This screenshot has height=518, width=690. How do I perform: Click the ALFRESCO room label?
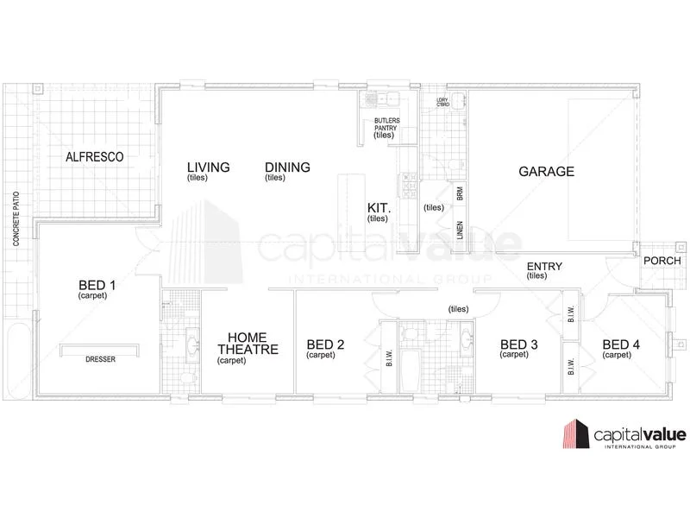click(x=95, y=157)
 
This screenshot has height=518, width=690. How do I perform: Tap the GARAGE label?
click(x=546, y=171)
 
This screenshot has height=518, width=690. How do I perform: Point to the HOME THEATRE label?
click(x=248, y=344)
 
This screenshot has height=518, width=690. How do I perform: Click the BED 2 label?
click(x=325, y=345)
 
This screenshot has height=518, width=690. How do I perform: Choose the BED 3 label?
click(x=519, y=345)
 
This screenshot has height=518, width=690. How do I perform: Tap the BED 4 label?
click(x=621, y=345)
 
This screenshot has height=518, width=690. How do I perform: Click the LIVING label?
click(x=209, y=167)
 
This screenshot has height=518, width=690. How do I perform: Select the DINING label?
click(x=287, y=167)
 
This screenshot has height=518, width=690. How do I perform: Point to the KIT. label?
click(x=379, y=209)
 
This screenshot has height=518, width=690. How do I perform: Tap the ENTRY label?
click(x=543, y=266)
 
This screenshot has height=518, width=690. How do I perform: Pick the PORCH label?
click(x=662, y=260)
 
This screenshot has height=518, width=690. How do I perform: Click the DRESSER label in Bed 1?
click(x=100, y=359)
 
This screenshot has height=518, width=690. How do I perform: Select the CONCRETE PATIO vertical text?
click(x=16, y=218)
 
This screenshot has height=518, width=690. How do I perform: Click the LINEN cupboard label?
click(x=461, y=231)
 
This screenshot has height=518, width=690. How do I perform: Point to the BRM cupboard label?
click(x=461, y=195)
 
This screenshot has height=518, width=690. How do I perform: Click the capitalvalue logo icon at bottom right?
click(x=576, y=434)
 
